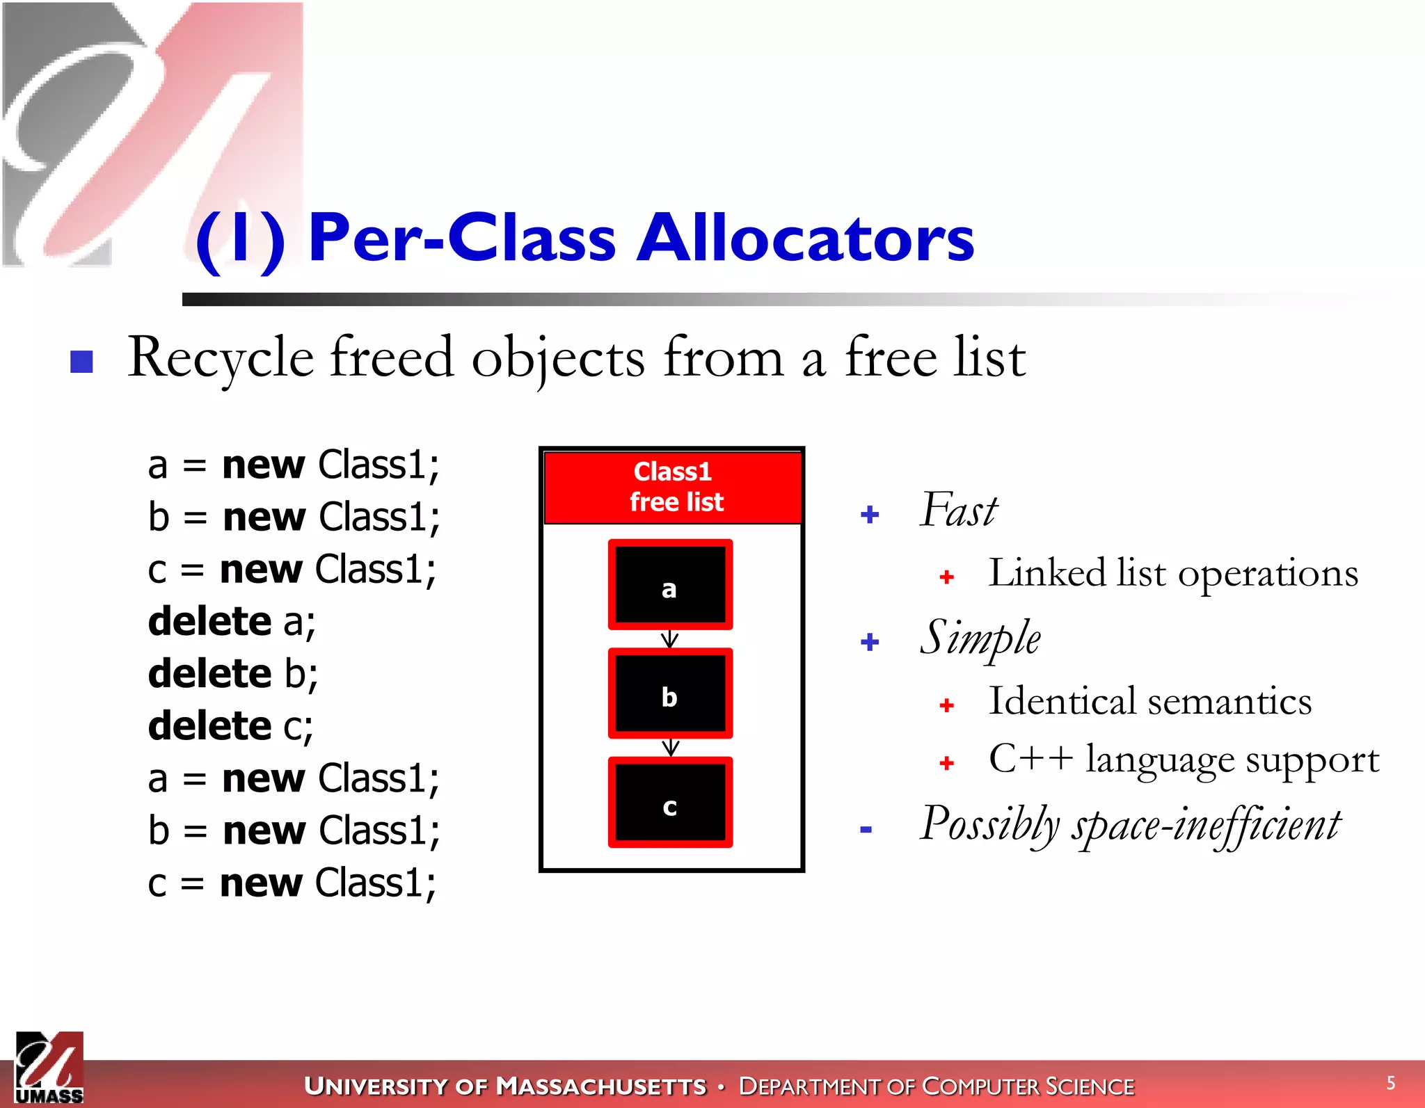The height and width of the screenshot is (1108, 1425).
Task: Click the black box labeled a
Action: click(670, 584)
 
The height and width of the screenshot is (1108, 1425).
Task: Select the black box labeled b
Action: click(670, 693)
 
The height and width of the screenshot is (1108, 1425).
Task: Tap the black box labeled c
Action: click(670, 803)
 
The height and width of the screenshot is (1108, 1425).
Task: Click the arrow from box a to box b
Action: click(669, 639)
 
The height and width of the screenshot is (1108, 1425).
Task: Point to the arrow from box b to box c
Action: click(670, 748)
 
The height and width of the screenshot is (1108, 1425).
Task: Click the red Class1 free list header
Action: click(673, 487)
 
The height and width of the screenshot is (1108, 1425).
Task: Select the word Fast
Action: click(959, 511)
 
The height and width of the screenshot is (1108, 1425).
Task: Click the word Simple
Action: click(980, 638)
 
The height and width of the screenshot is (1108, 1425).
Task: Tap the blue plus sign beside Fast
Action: click(870, 515)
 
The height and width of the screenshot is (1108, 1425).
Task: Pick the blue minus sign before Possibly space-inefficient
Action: click(866, 829)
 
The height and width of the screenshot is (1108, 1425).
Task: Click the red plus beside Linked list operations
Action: click(946, 577)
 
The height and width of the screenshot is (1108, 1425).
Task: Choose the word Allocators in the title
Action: click(806, 238)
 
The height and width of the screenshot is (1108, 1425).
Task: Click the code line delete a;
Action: click(232, 621)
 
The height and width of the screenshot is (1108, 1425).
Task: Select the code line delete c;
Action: click(230, 726)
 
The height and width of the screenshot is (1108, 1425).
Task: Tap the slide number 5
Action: click(1390, 1083)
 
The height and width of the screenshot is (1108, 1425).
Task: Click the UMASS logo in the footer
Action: click(49, 1068)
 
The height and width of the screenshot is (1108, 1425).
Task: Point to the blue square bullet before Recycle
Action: click(82, 361)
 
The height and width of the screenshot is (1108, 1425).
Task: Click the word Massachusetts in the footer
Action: click(602, 1086)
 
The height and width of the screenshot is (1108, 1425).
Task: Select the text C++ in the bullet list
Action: click(1030, 758)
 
